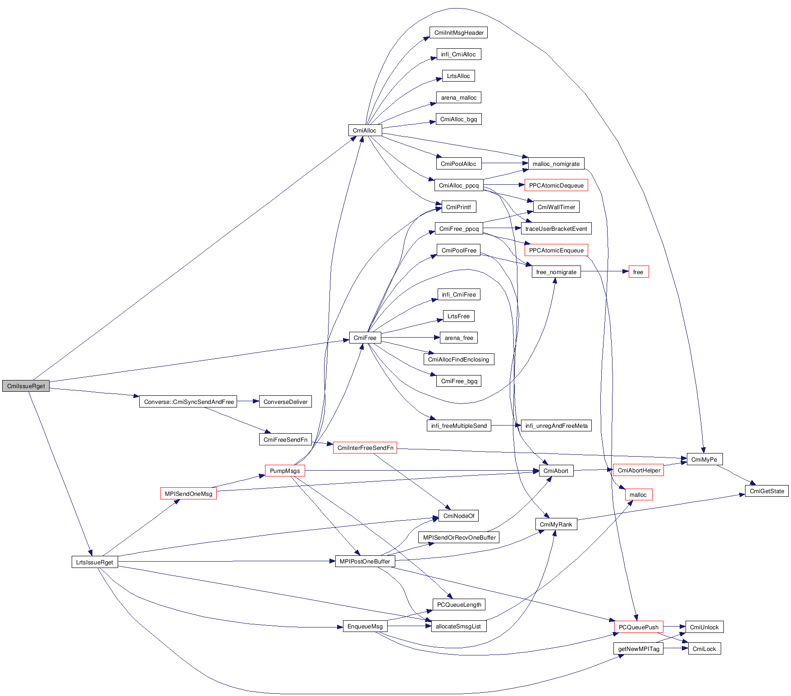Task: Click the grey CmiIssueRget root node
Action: [x=26, y=386]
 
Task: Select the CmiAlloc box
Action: [x=365, y=131]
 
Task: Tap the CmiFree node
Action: [x=365, y=338]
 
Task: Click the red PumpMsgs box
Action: [x=285, y=471]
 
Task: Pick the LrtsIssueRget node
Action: [x=95, y=563]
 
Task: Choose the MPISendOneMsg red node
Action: [x=188, y=494]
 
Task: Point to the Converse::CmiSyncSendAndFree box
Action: [x=188, y=402]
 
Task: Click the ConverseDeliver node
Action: [x=285, y=402]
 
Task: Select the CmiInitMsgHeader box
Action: [x=459, y=33]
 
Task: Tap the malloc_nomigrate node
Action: [x=556, y=164]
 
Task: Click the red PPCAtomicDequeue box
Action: [x=556, y=186]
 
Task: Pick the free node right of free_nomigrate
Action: [x=638, y=272]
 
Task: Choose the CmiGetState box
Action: [x=767, y=491]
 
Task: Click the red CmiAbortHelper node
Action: [x=639, y=471]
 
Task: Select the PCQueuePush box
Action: [x=639, y=627]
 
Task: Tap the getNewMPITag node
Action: [x=639, y=649]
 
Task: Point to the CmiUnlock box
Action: [x=704, y=627]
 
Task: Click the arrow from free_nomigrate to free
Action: [x=604, y=272]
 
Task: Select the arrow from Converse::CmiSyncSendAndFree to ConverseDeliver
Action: [x=248, y=402]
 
